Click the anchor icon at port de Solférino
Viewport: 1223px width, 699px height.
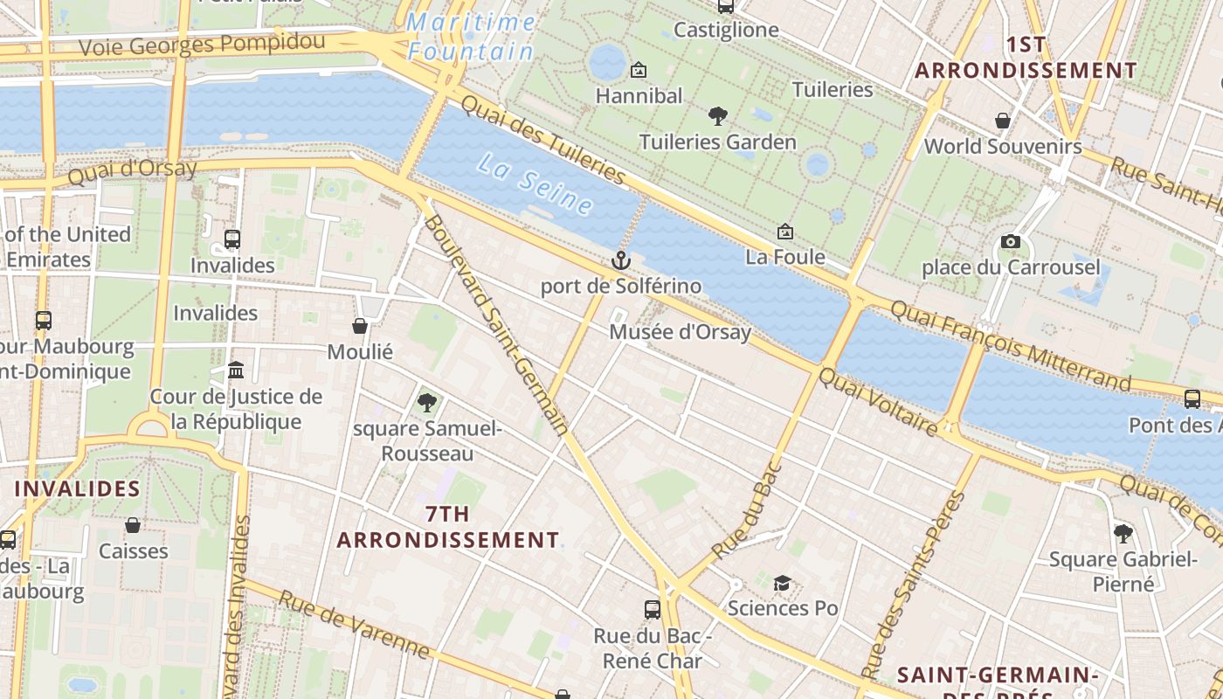620,260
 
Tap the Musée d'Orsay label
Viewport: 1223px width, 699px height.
680,332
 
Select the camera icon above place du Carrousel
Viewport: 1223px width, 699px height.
1011,241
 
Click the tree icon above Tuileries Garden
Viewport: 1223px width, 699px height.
717,115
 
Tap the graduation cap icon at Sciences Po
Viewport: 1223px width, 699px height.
782,583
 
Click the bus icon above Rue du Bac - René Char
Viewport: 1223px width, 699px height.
652,609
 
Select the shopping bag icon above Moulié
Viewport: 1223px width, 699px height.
360,326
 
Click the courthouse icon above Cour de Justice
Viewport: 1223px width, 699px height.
236,370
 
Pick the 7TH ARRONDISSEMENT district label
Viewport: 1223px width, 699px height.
447,527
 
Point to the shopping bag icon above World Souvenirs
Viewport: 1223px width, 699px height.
1003,121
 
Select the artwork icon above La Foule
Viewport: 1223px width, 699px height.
785,232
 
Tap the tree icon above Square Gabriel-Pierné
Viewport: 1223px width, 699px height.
1123,533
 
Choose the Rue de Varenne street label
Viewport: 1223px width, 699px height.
354,625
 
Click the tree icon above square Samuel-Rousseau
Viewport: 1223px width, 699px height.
426,402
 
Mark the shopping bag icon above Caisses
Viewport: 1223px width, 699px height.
133,525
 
